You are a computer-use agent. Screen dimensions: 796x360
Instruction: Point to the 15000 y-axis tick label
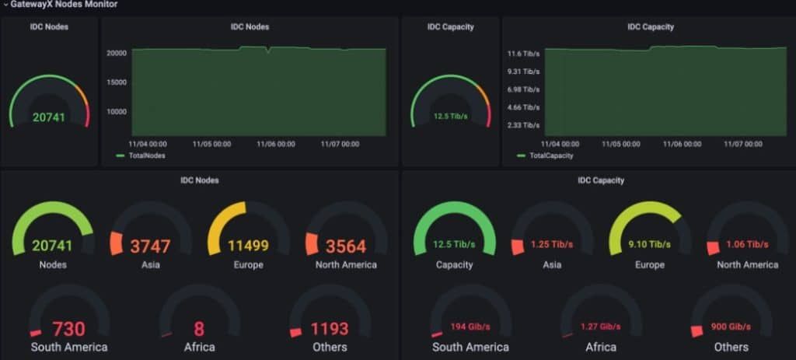coord(116,82)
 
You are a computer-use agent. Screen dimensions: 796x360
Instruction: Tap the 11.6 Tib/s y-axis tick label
coord(523,54)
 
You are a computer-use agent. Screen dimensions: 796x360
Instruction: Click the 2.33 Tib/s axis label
coord(523,125)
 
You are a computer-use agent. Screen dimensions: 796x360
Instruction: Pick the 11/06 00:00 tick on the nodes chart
coord(276,144)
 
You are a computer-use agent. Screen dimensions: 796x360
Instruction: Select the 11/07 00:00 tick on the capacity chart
coord(743,144)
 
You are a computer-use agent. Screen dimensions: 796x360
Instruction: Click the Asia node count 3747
coord(150,246)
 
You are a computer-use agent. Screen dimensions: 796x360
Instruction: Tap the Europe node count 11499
coord(248,246)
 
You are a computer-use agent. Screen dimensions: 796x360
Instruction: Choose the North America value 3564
coord(346,246)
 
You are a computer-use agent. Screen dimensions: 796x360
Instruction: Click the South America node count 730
coord(69,329)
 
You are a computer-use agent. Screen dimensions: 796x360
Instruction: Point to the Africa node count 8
coord(199,329)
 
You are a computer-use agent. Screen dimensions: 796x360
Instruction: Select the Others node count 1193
coord(330,329)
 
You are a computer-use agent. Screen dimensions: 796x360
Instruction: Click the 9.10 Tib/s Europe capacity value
coord(650,245)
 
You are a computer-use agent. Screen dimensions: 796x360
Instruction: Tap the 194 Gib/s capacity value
coord(470,327)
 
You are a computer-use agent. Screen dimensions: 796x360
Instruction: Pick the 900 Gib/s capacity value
coord(731,327)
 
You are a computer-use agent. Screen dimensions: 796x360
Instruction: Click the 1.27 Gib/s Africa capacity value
coord(601,327)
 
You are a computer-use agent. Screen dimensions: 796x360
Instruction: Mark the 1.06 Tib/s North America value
coord(747,245)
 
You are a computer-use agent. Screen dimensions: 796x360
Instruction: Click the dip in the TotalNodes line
coord(267,51)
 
